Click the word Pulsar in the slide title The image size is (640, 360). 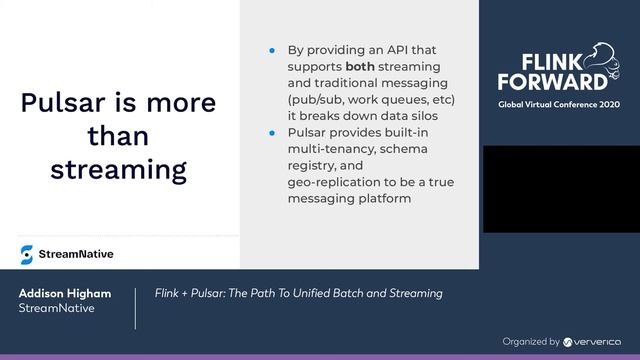(65, 103)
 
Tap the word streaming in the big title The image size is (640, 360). (118, 168)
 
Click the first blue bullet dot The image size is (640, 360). (271, 49)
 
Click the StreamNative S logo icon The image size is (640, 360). (26, 254)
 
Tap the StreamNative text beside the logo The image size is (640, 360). (76, 254)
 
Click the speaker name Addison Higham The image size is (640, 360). (63, 294)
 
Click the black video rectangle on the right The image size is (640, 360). (561, 189)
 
